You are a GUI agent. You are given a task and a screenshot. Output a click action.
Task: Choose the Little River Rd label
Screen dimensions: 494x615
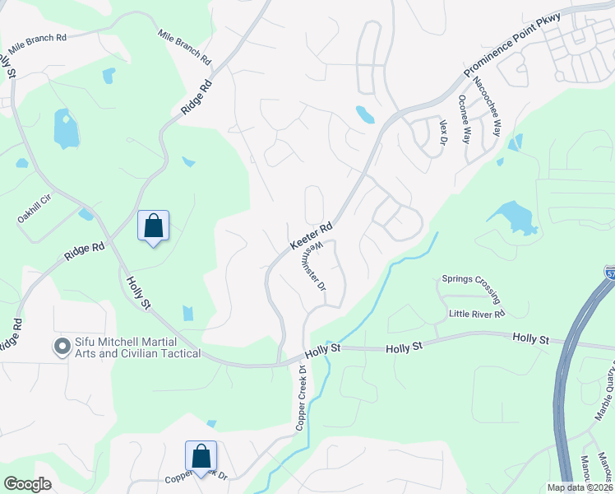476,314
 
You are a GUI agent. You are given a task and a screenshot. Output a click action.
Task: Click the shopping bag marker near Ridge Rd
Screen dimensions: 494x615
153,226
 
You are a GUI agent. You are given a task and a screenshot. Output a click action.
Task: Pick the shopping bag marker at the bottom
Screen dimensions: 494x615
201,456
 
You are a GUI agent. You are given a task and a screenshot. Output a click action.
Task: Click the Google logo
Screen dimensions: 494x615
27,484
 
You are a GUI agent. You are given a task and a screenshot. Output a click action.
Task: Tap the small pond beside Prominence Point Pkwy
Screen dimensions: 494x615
365,114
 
